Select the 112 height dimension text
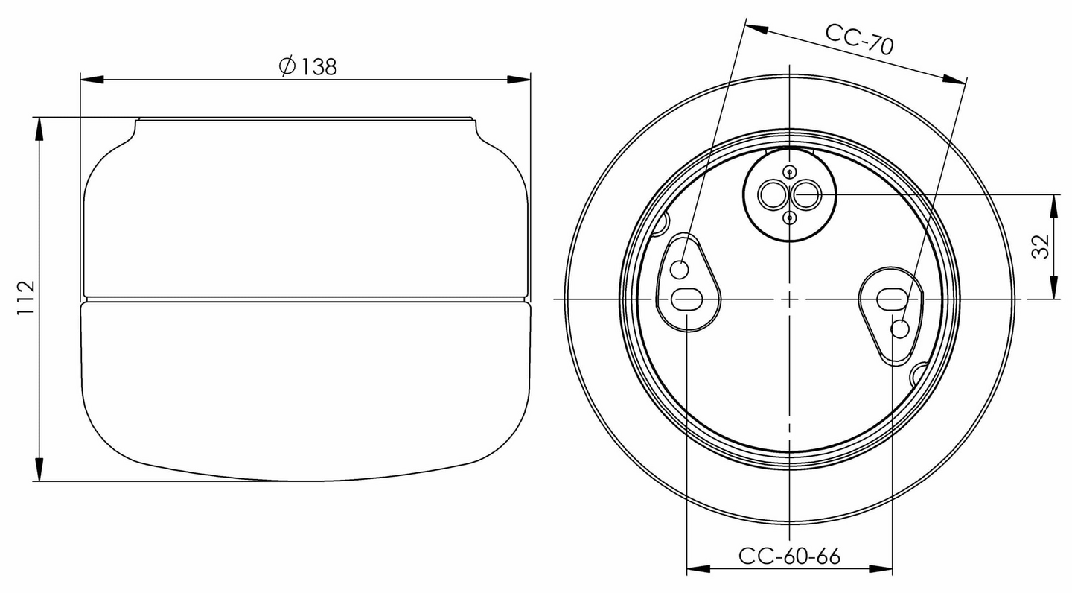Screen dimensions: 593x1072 pyautogui.click(x=26, y=298)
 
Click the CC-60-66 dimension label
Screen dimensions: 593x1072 pyautogui.click(x=789, y=556)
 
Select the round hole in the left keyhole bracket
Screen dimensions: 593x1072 pyautogui.click(x=680, y=269)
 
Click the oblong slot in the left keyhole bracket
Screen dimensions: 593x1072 pyautogui.click(x=686, y=299)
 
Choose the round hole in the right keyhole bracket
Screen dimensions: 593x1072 pyautogui.click(x=900, y=329)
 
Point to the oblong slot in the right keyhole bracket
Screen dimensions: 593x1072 pyautogui.click(x=890, y=299)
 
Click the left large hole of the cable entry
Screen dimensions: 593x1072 pyautogui.click(x=772, y=196)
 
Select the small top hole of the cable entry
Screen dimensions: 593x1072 pyautogui.click(x=790, y=173)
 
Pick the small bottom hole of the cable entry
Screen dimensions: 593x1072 pyautogui.click(x=790, y=218)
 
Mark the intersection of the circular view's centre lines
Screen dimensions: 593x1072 pyautogui.click(x=789, y=299)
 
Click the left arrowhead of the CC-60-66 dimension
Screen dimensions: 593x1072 pyautogui.click(x=696, y=570)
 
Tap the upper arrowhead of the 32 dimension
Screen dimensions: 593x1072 pyautogui.click(x=1055, y=206)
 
